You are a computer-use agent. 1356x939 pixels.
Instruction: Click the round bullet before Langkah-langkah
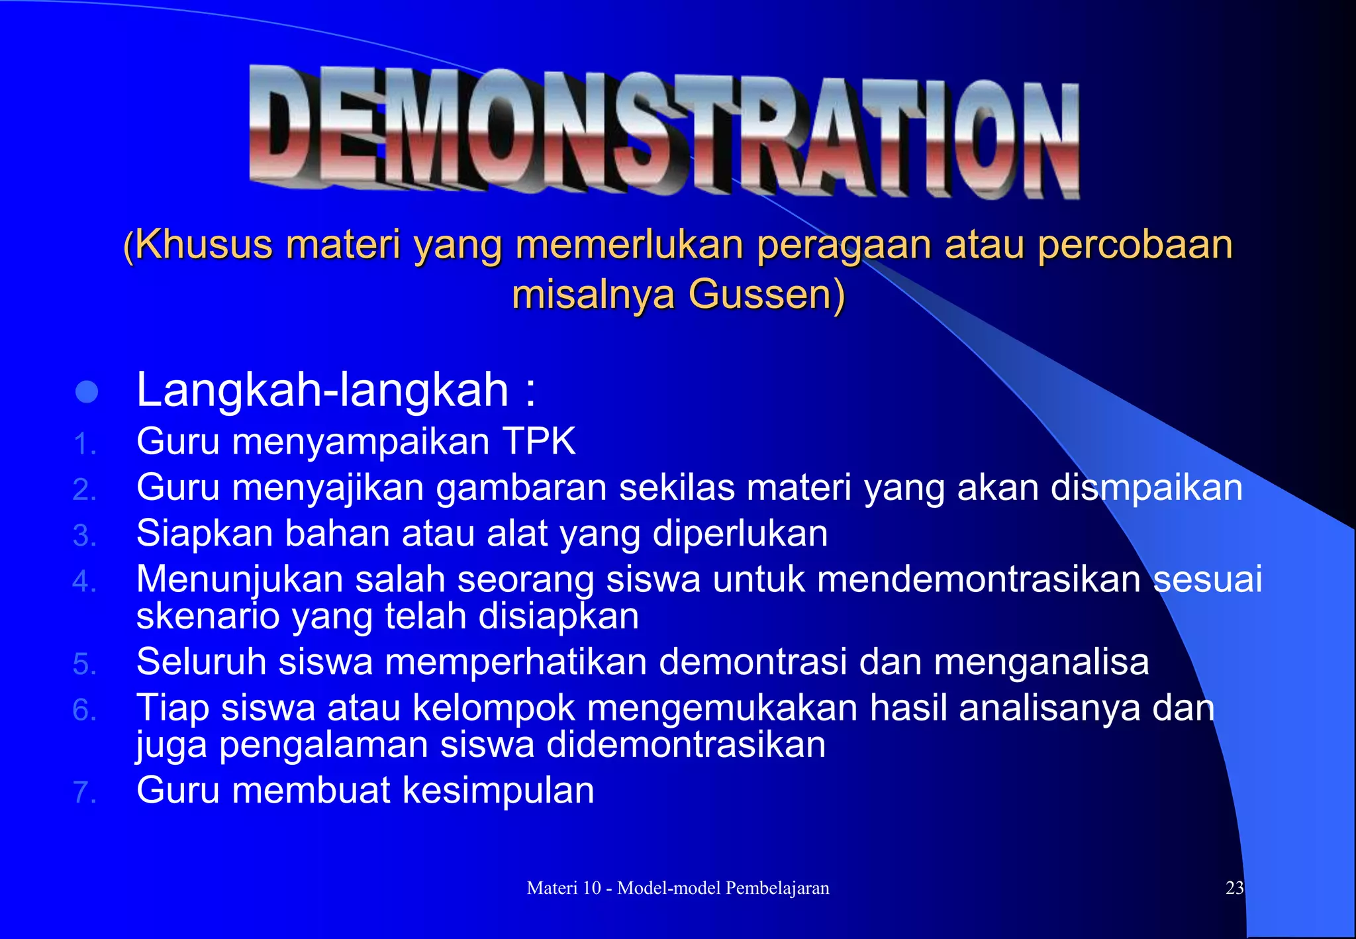(87, 392)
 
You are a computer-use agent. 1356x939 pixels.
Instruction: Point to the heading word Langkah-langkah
(322, 390)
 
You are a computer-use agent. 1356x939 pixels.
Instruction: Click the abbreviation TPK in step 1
(539, 442)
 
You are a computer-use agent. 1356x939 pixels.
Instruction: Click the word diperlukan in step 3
(740, 534)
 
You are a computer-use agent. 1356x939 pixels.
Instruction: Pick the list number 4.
(84, 581)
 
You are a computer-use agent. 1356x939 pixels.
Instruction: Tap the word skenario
(208, 617)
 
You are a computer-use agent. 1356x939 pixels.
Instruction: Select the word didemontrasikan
(685, 744)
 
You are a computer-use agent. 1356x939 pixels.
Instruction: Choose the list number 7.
(84, 792)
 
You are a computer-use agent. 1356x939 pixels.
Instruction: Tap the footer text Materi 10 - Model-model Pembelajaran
(677, 888)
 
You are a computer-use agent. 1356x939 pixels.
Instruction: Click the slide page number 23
(1234, 888)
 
